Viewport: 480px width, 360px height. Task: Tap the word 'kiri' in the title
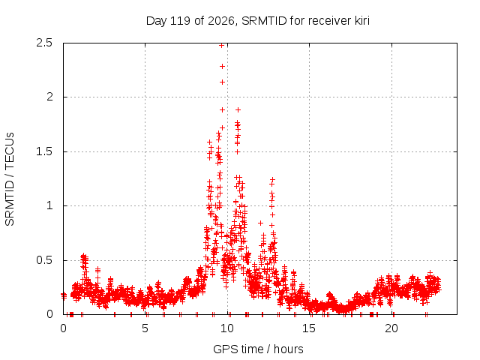362,21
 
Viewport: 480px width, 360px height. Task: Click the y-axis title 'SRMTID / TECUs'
10,179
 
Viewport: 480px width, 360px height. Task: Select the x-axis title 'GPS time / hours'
258,349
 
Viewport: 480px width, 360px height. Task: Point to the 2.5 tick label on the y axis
44,43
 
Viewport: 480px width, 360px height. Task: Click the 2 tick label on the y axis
49,97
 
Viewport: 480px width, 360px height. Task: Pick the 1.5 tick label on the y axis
44,151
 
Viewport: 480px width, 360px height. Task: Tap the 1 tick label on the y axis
50,205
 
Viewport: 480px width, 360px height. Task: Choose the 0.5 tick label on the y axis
44,260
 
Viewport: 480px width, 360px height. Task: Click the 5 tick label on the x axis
145,328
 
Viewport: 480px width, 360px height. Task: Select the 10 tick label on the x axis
227,328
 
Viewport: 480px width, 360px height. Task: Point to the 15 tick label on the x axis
309,328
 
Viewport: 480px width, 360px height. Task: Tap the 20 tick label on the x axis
391,328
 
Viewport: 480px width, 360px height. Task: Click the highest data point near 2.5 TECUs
222,45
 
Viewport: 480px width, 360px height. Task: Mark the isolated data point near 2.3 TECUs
222,67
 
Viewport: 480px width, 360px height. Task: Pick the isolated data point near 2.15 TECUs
222,82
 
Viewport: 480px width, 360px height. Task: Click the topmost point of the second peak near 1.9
238,110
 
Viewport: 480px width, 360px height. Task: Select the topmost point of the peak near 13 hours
272,179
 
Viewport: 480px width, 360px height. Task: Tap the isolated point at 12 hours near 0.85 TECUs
260,223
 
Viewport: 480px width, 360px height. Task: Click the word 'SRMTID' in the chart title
264,21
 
